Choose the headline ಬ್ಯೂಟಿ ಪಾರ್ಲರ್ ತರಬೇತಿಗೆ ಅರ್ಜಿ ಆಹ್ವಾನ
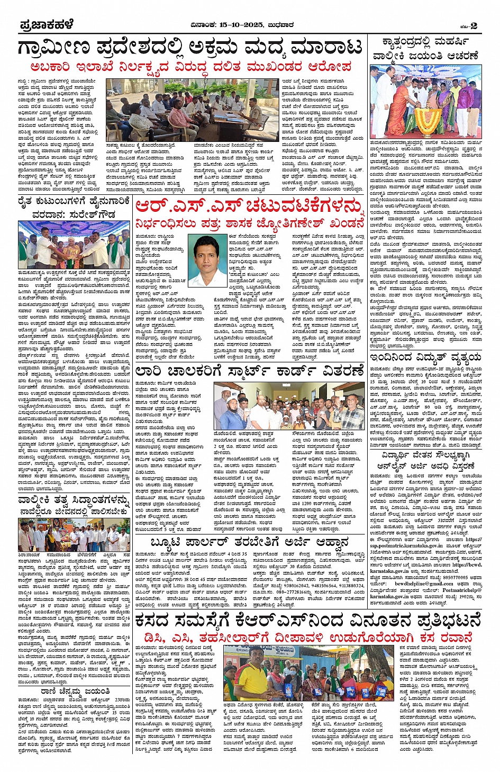pos(249,542)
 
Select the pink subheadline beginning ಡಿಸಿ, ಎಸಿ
pos(306,636)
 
